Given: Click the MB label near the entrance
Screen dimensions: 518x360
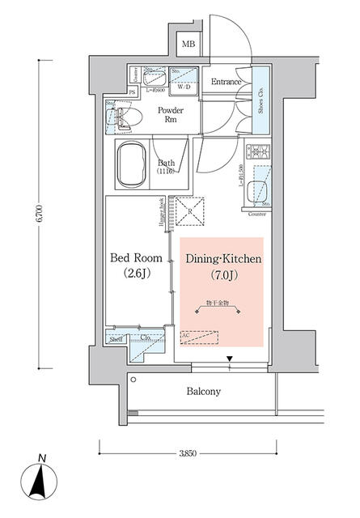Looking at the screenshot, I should tap(188, 45).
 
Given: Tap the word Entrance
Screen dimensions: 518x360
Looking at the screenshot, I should tap(227, 83).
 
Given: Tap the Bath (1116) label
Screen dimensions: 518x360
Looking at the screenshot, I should tap(168, 167).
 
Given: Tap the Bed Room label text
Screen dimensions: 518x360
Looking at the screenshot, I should tap(135, 259).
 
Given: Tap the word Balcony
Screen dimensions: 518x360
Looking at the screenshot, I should tap(203, 392).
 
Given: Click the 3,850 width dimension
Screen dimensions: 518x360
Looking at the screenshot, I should tap(188, 449).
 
